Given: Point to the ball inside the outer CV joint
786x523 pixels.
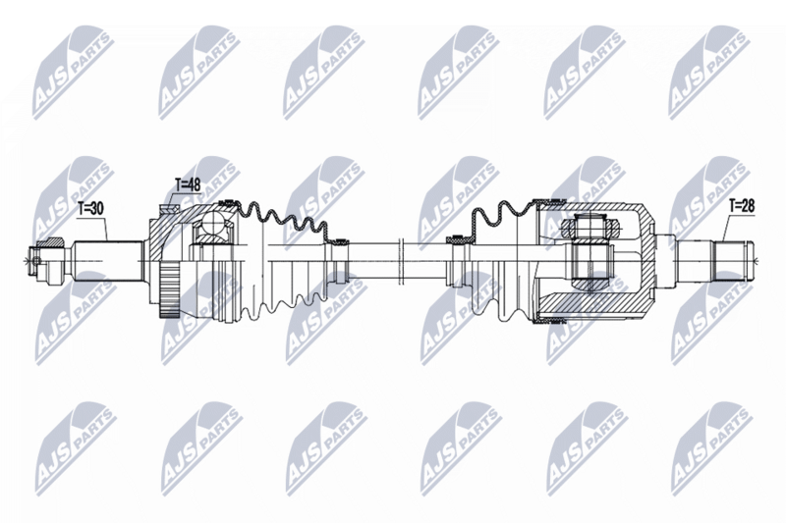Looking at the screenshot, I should [211, 231].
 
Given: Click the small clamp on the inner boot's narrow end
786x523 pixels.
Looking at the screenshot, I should [455, 238].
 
